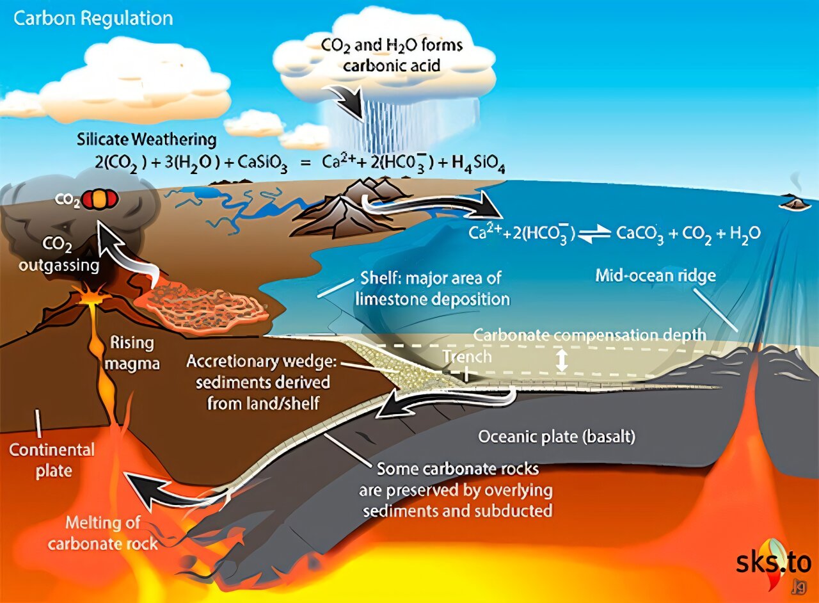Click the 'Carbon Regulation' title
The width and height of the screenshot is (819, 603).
pyautogui.click(x=93, y=19)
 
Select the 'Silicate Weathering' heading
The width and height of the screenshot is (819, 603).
pyautogui.click(x=147, y=140)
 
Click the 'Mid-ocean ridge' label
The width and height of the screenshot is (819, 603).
pyautogui.click(x=656, y=275)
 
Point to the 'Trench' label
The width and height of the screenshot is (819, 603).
pyautogui.click(x=467, y=357)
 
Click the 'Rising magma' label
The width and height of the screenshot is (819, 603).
pyautogui.click(x=132, y=353)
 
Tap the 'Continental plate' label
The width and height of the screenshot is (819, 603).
pyautogui.click(x=52, y=460)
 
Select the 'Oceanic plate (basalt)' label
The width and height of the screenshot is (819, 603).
pyautogui.click(x=557, y=437)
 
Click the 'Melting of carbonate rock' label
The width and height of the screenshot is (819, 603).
pyautogui.click(x=103, y=533)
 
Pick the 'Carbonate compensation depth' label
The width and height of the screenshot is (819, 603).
pyautogui.click(x=590, y=335)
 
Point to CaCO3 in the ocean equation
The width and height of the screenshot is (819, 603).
pyautogui.click(x=639, y=234)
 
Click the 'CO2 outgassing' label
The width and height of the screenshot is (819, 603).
pyautogui.click(x=59, y=254)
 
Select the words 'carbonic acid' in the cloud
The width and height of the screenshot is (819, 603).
pyautogui.click(x=392, y=66)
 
